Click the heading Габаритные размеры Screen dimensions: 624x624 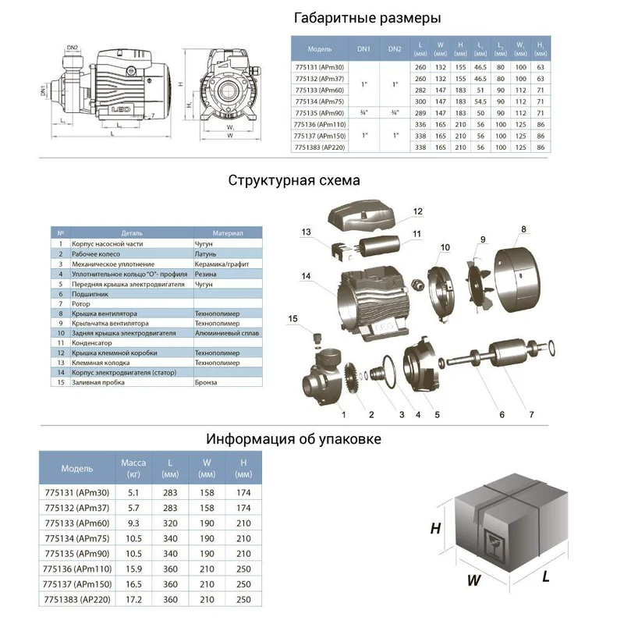coord(367,17)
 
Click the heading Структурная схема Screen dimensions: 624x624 coord(294,180)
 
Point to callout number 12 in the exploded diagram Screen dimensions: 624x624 coord(417,211)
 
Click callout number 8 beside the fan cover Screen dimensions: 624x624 coord(523,229)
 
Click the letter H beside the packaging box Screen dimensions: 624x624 coord(435,528)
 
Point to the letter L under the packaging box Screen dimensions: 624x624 coord(545,578)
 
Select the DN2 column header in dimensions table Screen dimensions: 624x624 coord(394,48)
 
